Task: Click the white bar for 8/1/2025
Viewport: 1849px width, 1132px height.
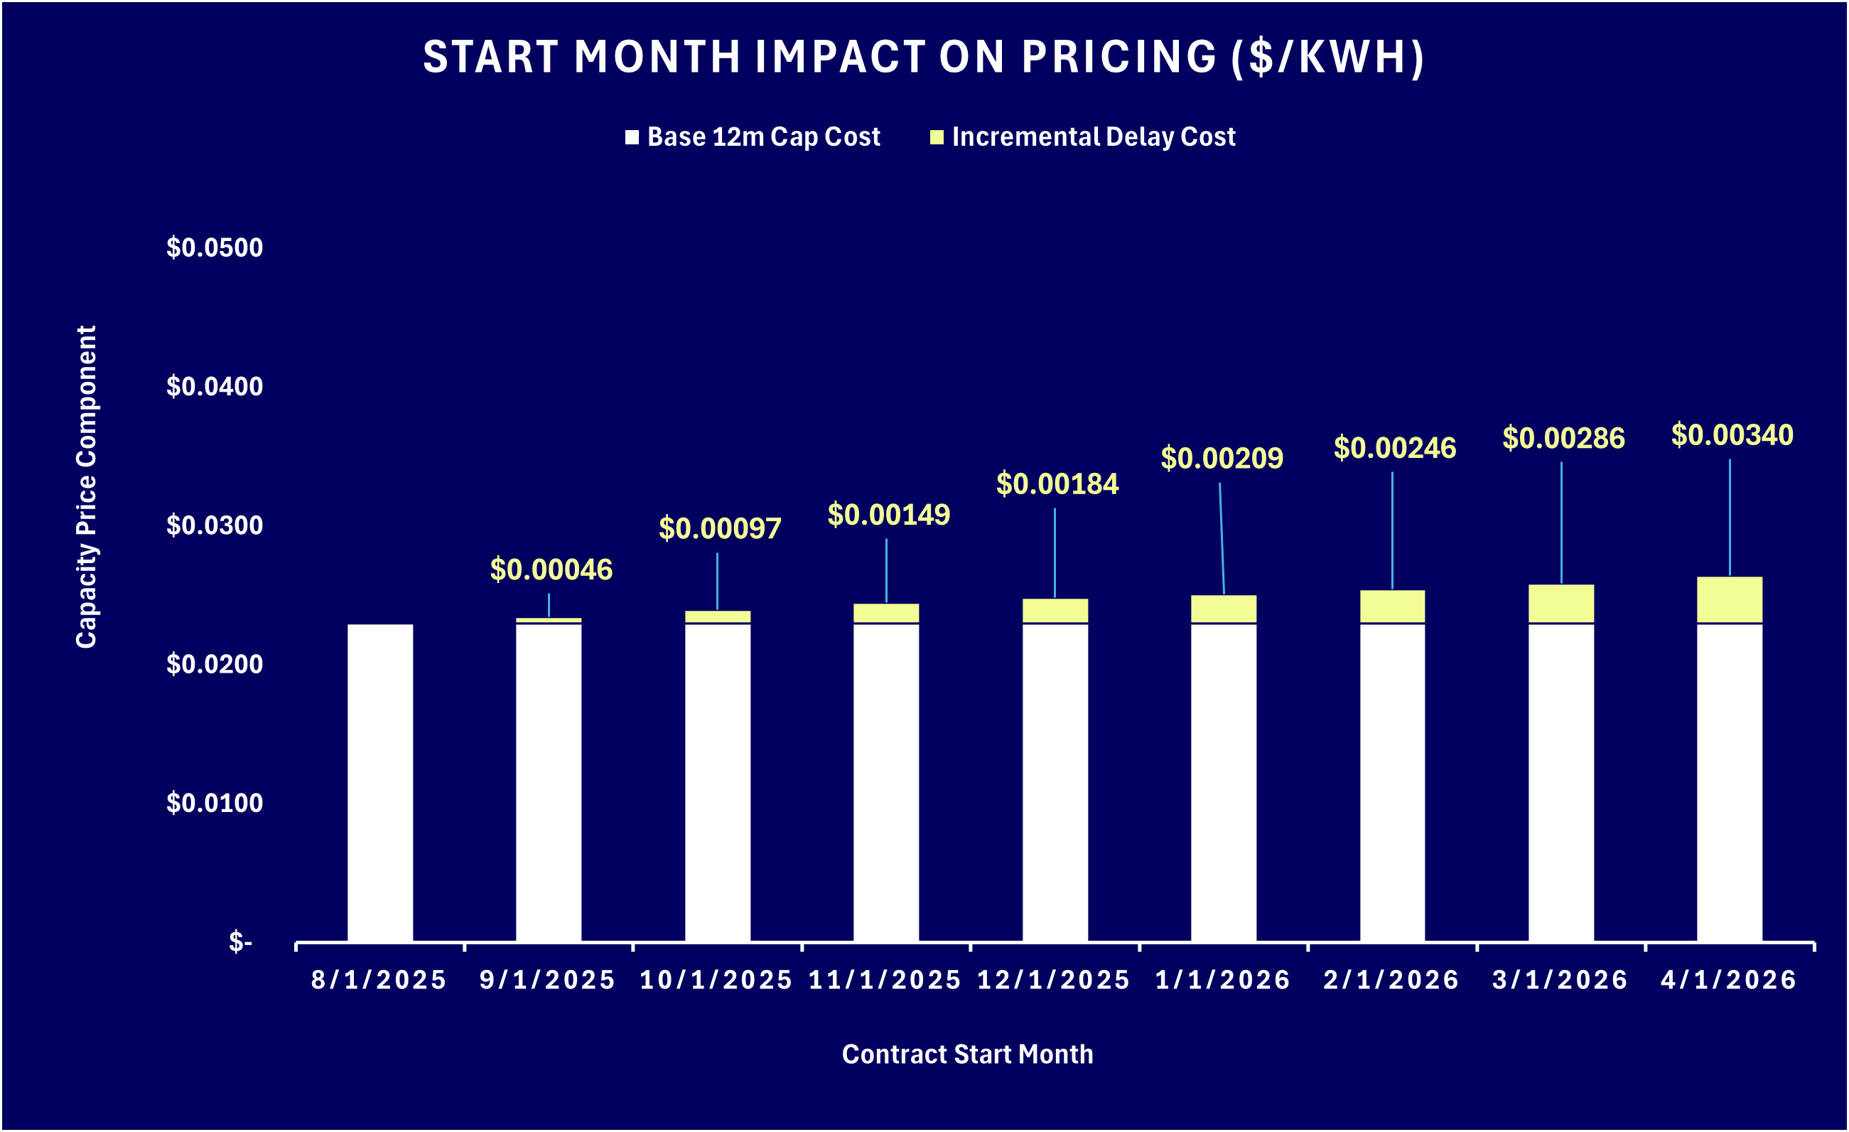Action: [379, 782]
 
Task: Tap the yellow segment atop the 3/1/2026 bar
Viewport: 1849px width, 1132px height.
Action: [1560, 603]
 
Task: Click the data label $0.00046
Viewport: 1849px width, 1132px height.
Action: [551, 570]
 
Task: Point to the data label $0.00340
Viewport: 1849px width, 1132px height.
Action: [1732, 434]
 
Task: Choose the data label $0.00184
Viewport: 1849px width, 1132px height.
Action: [1057, 484]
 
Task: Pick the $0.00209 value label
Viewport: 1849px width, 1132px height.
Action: [1222, 458]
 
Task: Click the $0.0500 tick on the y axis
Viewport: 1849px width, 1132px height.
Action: [215, 247]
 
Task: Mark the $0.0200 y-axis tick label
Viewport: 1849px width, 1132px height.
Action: [215, 664]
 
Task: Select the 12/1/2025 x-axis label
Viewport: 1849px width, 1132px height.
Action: [1054, 981]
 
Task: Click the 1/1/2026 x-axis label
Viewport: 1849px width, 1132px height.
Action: [1222, 981]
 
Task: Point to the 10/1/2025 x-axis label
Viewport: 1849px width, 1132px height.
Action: [716, 981]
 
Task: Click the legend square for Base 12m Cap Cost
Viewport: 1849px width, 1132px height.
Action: [632, 137]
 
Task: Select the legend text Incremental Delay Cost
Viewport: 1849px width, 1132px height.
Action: [1093, 137]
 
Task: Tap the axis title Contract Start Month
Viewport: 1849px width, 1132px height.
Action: [967, 1054]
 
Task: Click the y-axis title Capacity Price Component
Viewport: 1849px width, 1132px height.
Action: [86, 486]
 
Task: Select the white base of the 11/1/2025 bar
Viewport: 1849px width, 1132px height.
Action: [885, 782]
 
